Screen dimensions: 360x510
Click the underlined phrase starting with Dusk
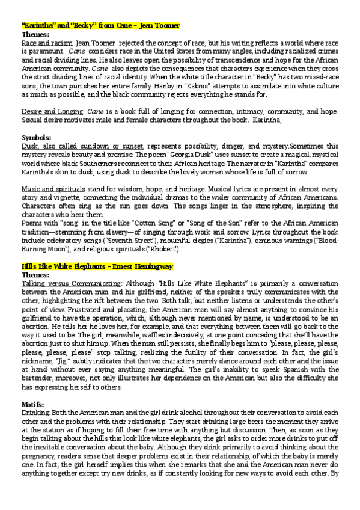(x=82, y=146)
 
